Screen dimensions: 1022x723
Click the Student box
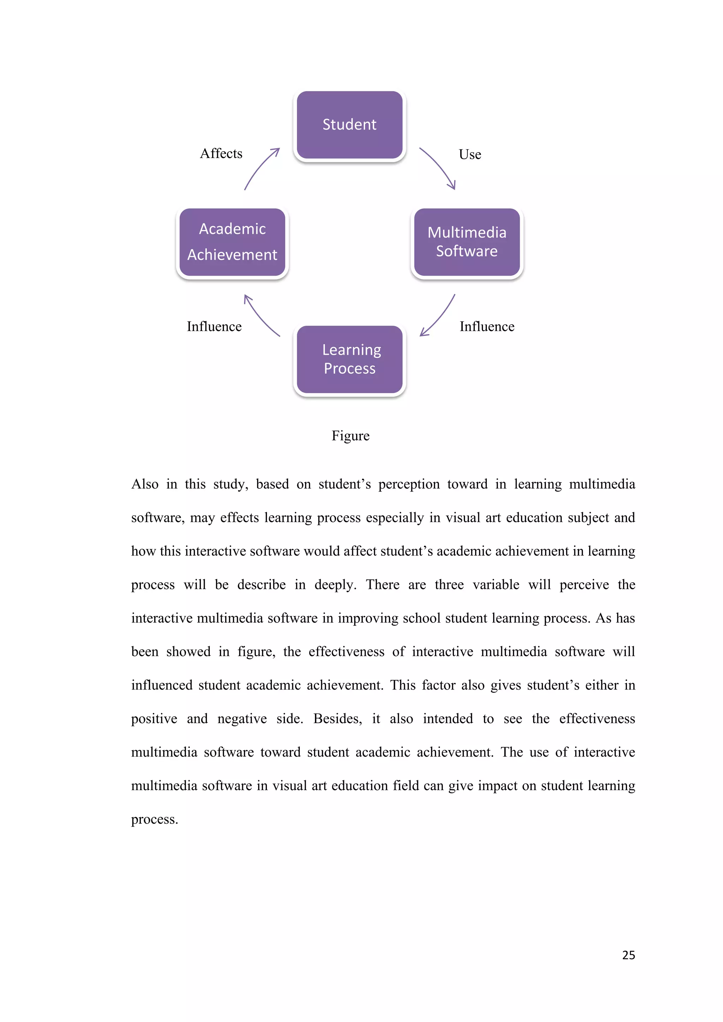pyautogui.click(x=349, y=125)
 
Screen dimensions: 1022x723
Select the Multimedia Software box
pyautogui.click(x=467, y=242)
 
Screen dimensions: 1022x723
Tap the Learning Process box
pyautogui.click(x=349, y=360)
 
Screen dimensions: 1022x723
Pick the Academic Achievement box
pyautogui.click(x=232, y=242)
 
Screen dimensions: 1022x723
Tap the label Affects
pyautogui.click(x=221, y=154)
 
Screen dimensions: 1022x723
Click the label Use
pyautogui.click(x=470, y=155)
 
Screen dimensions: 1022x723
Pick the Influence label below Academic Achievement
pyautogui.click(x=214, y=327)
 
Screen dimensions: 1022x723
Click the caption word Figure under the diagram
pyautogui.click(x=350, y=436)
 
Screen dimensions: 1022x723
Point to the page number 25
pyautogui.click(x=628, y=955)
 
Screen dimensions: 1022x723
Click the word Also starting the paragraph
pyautogui.click(x=145, y=484)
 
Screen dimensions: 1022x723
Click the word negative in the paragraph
pyautogui.click(x=242, y=719)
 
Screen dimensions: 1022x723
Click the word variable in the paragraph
pyautogui.click(x=496, y=585)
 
